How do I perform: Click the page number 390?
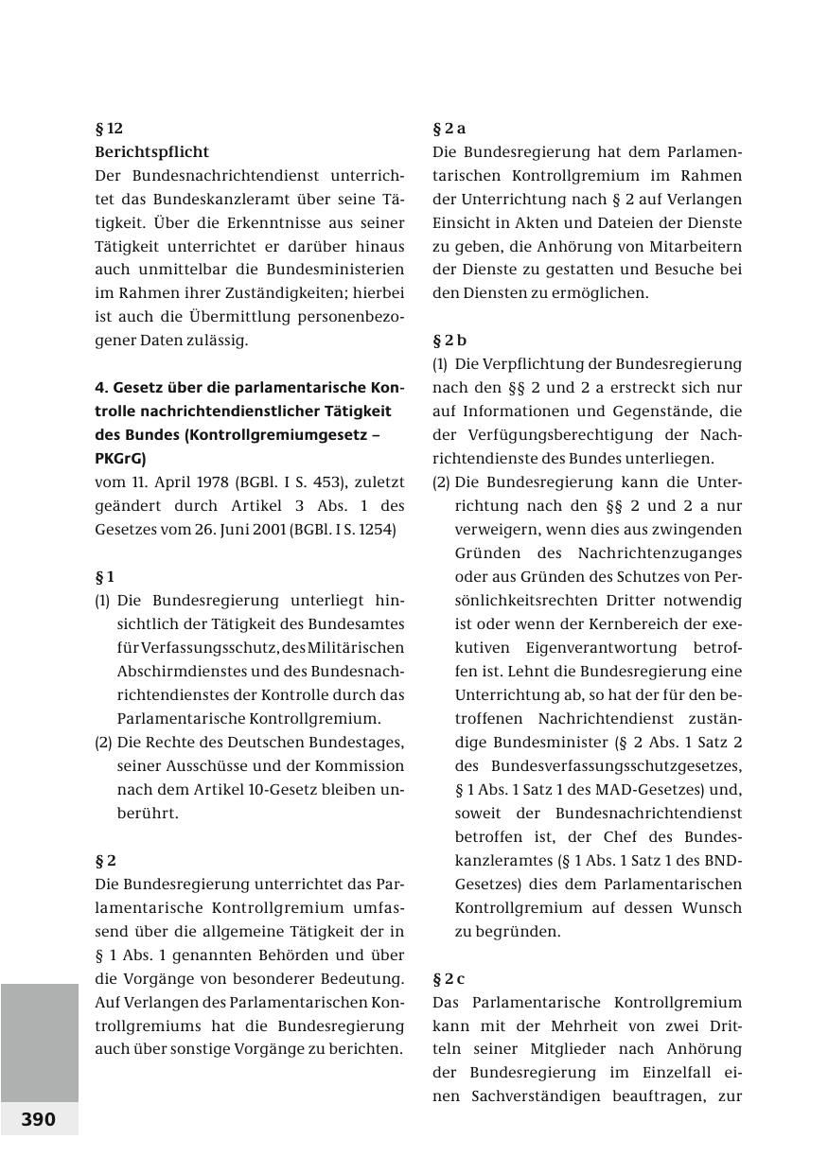pos(39,1119)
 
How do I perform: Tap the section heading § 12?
pos(109,129)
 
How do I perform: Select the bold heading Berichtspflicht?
pos(151,152)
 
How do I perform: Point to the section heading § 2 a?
pos(449,129)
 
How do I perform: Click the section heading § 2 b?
pos(449,341)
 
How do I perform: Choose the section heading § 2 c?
pos(449,979)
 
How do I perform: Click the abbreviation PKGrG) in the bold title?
pos(120,459)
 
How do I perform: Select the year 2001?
pos(267,530)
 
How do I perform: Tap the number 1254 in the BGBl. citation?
pos(377,530)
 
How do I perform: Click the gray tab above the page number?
pos(39,1042)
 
